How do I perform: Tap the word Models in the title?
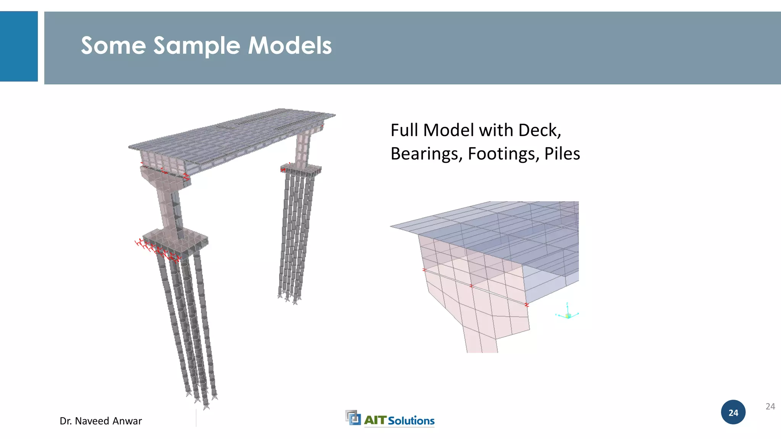tap(290, 46)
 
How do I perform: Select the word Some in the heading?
tap(113, 46)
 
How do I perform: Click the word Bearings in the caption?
tap(426, 154)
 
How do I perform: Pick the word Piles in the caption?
tap(562, 154)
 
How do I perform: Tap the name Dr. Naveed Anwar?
tap(101, 421)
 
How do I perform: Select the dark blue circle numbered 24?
tap(733, 412)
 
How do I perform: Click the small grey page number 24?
tap(770, 407)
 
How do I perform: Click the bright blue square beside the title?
tap(19, 46)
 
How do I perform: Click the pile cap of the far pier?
tap(301, 169)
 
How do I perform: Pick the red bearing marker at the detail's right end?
tap(527, 304)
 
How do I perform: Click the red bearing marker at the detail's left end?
tap(424, 270)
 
